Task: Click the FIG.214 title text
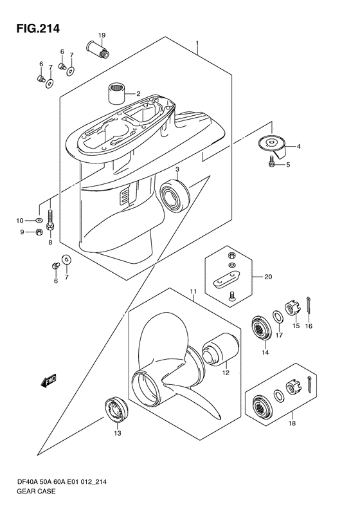39,28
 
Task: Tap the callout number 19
102,35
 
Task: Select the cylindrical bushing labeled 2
117,93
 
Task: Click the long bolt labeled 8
50,221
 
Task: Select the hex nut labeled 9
39,232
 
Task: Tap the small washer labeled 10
39,221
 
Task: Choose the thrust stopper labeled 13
116,410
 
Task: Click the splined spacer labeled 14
261,329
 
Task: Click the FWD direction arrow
48,380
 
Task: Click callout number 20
268,277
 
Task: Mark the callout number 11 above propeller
194,292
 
